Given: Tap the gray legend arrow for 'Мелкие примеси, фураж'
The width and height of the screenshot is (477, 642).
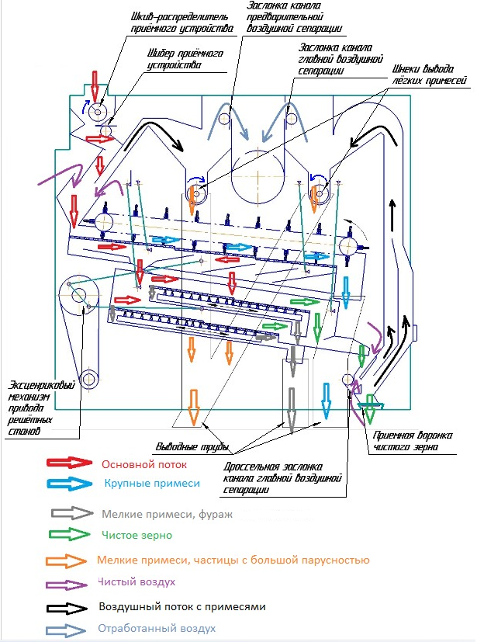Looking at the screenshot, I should [x=68, y=513].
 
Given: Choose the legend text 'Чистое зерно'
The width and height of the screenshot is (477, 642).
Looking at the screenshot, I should [x=137, y=535].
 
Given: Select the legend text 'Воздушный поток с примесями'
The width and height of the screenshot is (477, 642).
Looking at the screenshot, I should [x=182, y=606].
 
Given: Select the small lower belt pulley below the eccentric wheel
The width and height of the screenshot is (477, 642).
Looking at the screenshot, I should [x=89, y=379].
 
